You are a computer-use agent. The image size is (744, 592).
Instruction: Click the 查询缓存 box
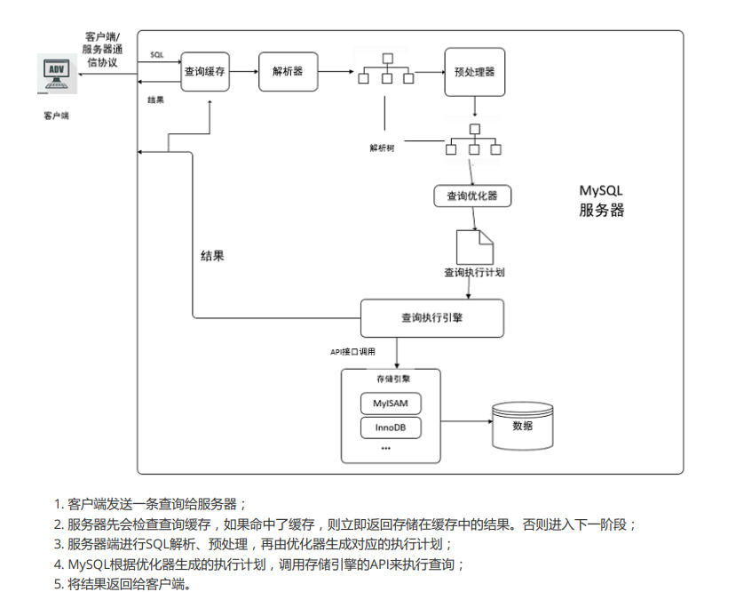point(205,72)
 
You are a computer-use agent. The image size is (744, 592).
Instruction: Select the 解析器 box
point(288,72)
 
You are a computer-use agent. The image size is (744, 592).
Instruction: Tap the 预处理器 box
point(474,72)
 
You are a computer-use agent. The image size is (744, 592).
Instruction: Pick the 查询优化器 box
point(472,196)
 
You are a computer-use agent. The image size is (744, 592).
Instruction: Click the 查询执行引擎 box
point(432,318)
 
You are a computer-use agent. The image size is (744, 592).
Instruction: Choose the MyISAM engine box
point(391,404)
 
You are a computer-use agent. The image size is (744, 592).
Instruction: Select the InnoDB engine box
point(391,428)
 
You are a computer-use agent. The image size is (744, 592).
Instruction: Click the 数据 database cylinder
point(522,426)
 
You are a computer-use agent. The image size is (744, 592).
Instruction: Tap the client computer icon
point(57,74)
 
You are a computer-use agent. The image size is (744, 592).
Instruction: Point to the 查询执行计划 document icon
point(474,247)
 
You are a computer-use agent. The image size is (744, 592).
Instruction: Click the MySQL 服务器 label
point(601,201)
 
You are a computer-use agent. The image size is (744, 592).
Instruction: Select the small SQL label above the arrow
point(156,54)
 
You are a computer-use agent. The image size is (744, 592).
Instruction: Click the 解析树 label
point(382,148)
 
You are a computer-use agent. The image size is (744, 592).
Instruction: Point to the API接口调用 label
point(353,352)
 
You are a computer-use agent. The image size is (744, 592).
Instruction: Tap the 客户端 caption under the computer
point(57,116)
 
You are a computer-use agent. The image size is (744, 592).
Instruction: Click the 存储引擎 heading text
point(393,379)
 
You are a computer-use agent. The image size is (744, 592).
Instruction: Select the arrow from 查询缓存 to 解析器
point(244,72)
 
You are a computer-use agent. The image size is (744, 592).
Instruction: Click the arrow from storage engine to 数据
point(466,421)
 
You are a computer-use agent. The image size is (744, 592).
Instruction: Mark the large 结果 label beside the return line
point(212,256)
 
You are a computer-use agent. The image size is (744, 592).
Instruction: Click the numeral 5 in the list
point(58,584)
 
